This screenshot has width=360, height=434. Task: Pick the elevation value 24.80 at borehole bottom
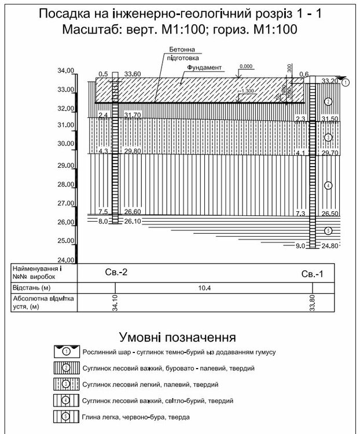coord(330,247)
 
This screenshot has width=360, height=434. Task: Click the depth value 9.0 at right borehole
coord(300,247)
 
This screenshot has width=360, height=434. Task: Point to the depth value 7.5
coord(104,212)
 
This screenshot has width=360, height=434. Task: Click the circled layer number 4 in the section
coord(328,185)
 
